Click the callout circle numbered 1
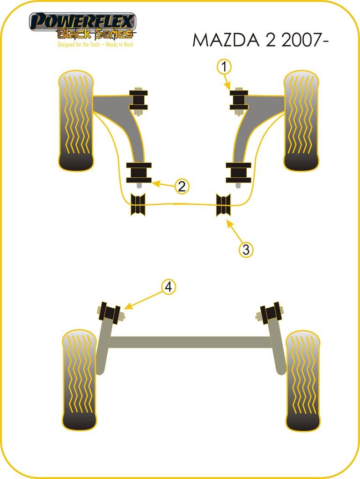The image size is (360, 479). click(x=224, y=66)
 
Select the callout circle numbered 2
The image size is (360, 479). click(x=182, y=186)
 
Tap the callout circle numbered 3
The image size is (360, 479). click(x=246, y=250)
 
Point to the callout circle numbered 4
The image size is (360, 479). click(x=169, y=287)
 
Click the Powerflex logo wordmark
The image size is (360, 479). click(x=82, y=22)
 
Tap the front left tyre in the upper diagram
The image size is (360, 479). click(x=75, y=121)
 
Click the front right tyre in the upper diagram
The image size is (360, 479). click(x=301, y=121)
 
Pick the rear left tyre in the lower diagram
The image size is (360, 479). click(x=80, y=380)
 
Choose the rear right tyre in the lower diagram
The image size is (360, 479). click(x=303, y=380)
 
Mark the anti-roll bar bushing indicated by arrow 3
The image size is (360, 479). click(x=223, y=205)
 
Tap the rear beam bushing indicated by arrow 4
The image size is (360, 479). click(x=110, y=312)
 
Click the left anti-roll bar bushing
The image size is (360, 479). click(x=138, y=205)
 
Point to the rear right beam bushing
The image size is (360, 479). click(x=270, y=312)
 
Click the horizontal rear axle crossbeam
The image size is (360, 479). click(x=190, y=342)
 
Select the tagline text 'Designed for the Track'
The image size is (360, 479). click(x=79, y=44)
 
